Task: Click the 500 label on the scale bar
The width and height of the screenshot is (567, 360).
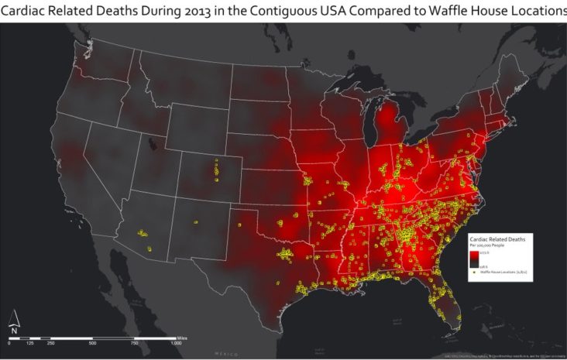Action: point(93,343)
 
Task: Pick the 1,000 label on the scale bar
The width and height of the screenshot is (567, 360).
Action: point(175,343)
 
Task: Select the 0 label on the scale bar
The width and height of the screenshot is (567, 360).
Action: point(10,343)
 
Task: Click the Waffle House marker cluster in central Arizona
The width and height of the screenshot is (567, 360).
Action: point(142,233)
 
